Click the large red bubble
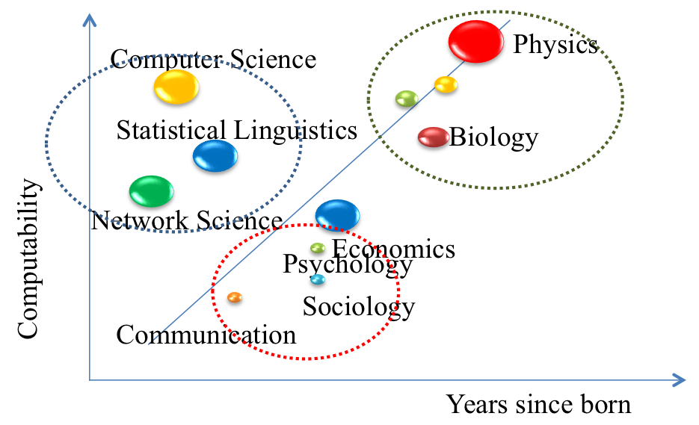pyautogui.click(x=476, y=42)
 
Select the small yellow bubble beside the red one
pyautogui.click(x=446, y=84)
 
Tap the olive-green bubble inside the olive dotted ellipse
pyautogui.click(x=407, y=99)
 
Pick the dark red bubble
pyautogui.click(x=434, y=137)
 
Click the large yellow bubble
pyautogui.click(x=176, y=87)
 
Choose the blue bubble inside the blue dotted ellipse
pyautogui.click(x=215, y=155)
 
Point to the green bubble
pyautogui.click(x=151, y=191)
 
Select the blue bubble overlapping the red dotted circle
pyautogui.click(x=337, y=215)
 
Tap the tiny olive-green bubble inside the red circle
pyautogui.click(x=318, y=248)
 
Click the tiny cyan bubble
pyautogui.click(x=318, y=279)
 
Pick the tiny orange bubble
pyautogui.click(x=235, y=297)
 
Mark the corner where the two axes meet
pyautogui.click(x=90, y=380)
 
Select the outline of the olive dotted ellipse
pyautogui.click(x=623, y=99)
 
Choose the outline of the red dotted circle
pyautogui.click(x=399, y=292)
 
